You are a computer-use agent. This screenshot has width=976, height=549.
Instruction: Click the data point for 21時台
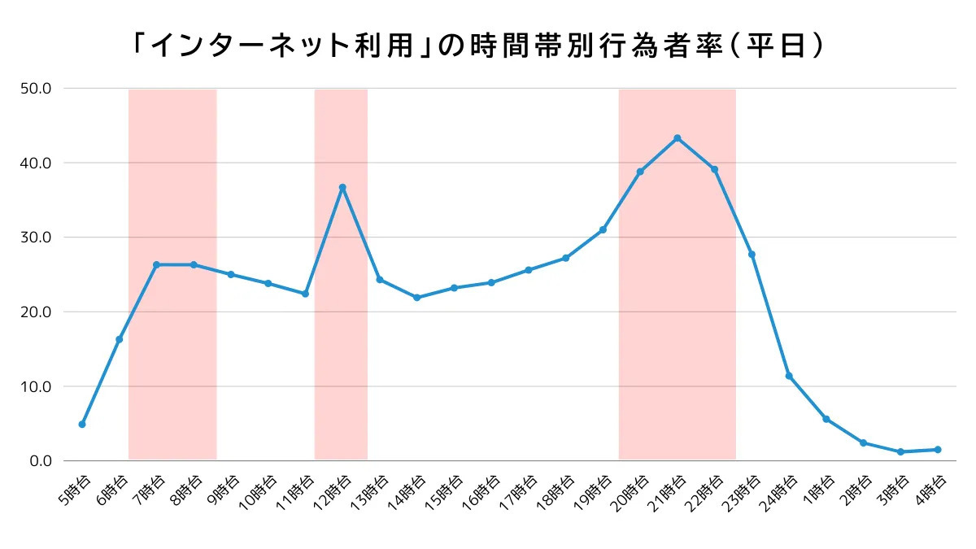pos(678,138)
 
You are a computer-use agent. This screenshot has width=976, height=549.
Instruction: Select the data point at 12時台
pos(342,188)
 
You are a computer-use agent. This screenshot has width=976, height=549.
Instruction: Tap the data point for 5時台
pos(82,425)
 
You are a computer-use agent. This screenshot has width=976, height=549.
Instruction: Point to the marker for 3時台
pos(900,451)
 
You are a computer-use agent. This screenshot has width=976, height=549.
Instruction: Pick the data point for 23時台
pos(752,255)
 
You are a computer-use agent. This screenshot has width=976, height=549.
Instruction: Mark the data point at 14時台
pos(416,298)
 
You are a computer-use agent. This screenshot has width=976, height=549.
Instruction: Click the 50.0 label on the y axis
pos(36,88)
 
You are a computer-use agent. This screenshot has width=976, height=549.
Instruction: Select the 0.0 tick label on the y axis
pos(39,461)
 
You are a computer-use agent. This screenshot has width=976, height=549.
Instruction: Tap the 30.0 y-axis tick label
pos(36,237)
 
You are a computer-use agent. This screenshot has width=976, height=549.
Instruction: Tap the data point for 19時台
pos(603,230)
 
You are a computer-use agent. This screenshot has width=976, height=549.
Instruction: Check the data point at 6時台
pos(120,339)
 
